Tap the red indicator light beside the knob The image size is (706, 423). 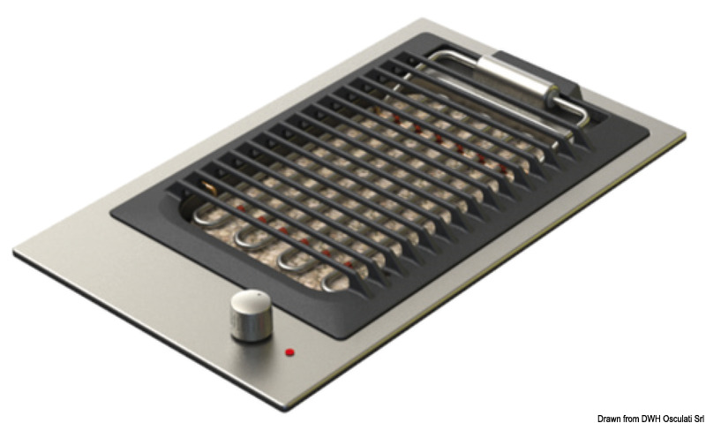click(x=289, y=351)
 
